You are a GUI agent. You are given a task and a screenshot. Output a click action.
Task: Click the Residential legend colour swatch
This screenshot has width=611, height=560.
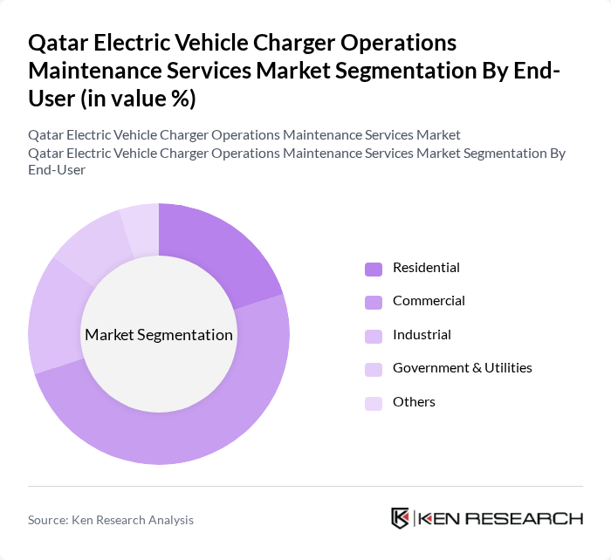pyautogui.click(x=373, y=269)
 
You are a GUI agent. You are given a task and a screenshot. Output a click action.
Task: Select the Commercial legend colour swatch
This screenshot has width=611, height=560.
pyautogui.click(x=373, y=302)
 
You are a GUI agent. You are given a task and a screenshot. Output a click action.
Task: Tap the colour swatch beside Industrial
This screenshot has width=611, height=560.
pyautogui.click(x=373, y=336)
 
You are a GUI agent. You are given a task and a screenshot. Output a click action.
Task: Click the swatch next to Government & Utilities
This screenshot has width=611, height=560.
pyautogui.click(x=373, y=369)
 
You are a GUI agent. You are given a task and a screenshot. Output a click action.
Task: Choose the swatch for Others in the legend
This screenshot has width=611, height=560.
pyautogui.click(x=373, y=403)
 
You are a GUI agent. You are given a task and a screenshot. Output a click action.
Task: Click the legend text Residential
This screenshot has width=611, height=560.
pyautogui.click(x=426, y=268)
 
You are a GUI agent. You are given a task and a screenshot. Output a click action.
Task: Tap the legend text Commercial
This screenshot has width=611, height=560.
pyautogui.click(x=429, y=301)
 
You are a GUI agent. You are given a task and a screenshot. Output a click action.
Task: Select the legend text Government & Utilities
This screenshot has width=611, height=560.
pyautogui.click(x=462, y=368)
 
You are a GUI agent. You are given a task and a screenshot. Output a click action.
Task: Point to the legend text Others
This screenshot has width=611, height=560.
pyautogui.click(x=414, y=402)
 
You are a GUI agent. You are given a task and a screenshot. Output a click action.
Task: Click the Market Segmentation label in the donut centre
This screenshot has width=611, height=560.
pyautogui.click(x=159, y=335)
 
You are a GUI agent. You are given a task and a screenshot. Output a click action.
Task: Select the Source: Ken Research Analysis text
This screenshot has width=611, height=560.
pyautogui.click(x=111, y=520)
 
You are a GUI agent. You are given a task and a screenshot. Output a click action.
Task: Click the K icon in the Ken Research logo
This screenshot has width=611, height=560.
pyautogui.click(x=401, y=518)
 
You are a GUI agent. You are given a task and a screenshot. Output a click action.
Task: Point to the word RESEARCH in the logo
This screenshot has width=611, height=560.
pyautogui.click(x=532, y=519)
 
